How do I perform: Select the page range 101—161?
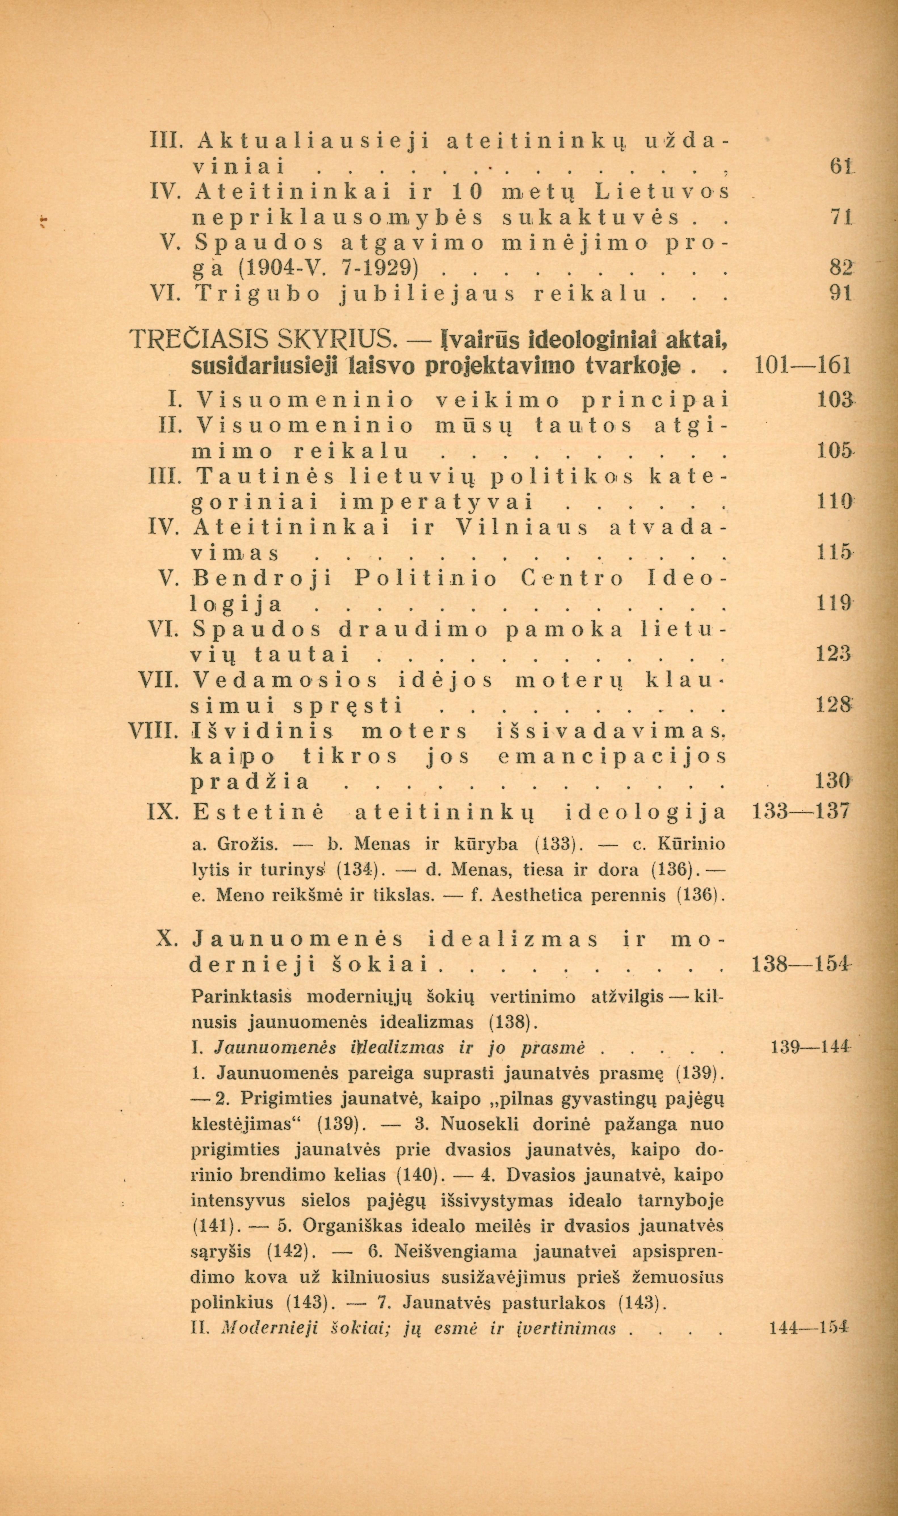click(x=804, y=366)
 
